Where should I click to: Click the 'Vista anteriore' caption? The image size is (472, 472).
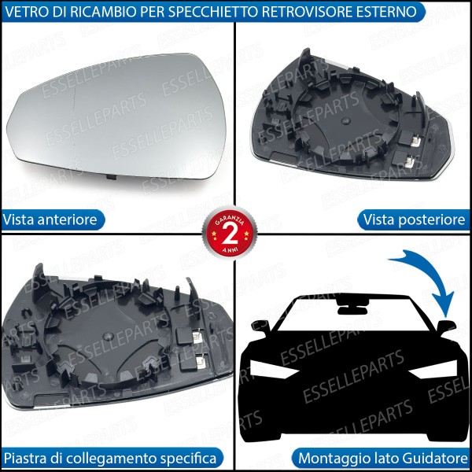click(51, 219)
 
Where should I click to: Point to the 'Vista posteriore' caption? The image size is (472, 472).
click(415, 219)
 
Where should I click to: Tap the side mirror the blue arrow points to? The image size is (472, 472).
click(447, 326)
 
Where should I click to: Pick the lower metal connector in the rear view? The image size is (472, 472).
click(411, 163)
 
